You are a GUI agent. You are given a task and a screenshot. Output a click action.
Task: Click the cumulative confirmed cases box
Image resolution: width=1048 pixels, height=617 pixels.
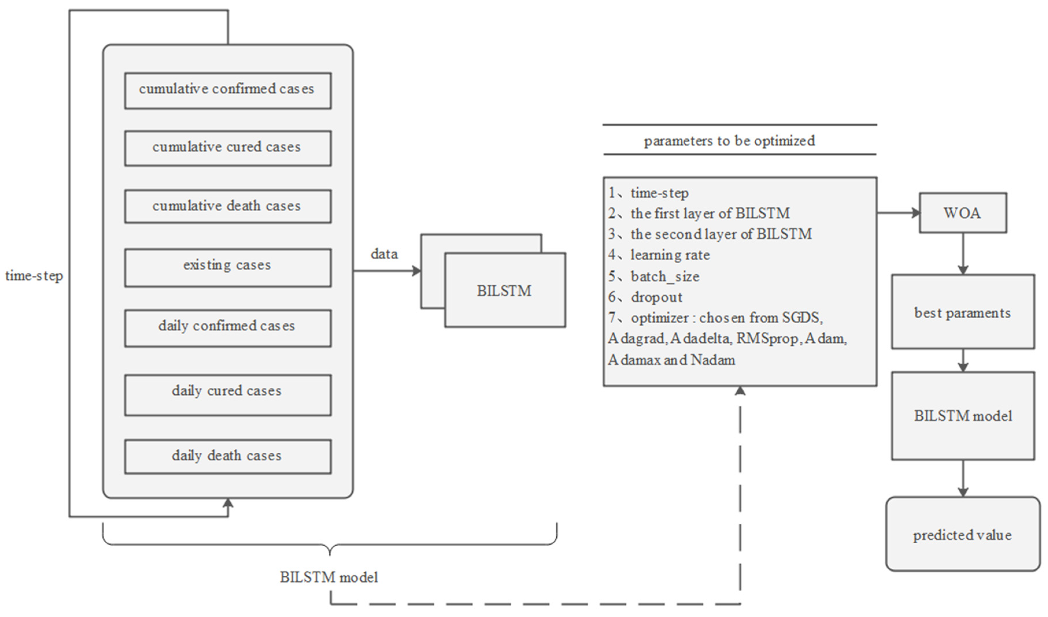point(228,91)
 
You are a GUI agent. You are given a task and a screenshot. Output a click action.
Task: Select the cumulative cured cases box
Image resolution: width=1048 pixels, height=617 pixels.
point(228,148)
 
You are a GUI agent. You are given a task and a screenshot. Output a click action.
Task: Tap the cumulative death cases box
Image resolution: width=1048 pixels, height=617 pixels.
point(228,206)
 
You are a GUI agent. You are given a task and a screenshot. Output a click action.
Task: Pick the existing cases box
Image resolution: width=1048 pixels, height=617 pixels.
point(228,267)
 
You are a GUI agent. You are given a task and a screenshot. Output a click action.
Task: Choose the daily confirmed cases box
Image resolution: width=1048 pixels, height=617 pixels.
point(228,328)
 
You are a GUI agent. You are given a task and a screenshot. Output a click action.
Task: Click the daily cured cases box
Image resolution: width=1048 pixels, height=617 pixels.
point(228,395)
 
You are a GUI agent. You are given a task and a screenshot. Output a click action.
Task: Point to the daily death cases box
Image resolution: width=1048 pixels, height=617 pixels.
point(228,456)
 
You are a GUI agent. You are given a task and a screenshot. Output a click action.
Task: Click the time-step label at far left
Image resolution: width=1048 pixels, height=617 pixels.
point(34,276)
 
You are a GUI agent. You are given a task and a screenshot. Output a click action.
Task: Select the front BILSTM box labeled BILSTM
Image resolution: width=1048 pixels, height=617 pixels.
point(504,290)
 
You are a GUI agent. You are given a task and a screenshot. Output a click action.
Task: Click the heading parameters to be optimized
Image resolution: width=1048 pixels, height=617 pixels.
point(729,141)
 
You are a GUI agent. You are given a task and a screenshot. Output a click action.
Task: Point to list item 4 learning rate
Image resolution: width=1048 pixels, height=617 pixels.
point(670,255)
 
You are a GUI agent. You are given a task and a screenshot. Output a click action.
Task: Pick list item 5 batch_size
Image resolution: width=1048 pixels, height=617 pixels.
point(665,276)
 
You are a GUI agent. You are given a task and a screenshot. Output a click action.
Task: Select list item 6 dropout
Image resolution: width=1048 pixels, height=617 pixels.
point(656,297)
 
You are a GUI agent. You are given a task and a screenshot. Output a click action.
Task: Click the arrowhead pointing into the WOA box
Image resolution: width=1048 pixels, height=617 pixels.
point(916,213)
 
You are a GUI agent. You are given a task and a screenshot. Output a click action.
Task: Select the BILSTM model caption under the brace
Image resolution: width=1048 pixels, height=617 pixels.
point(329,577)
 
